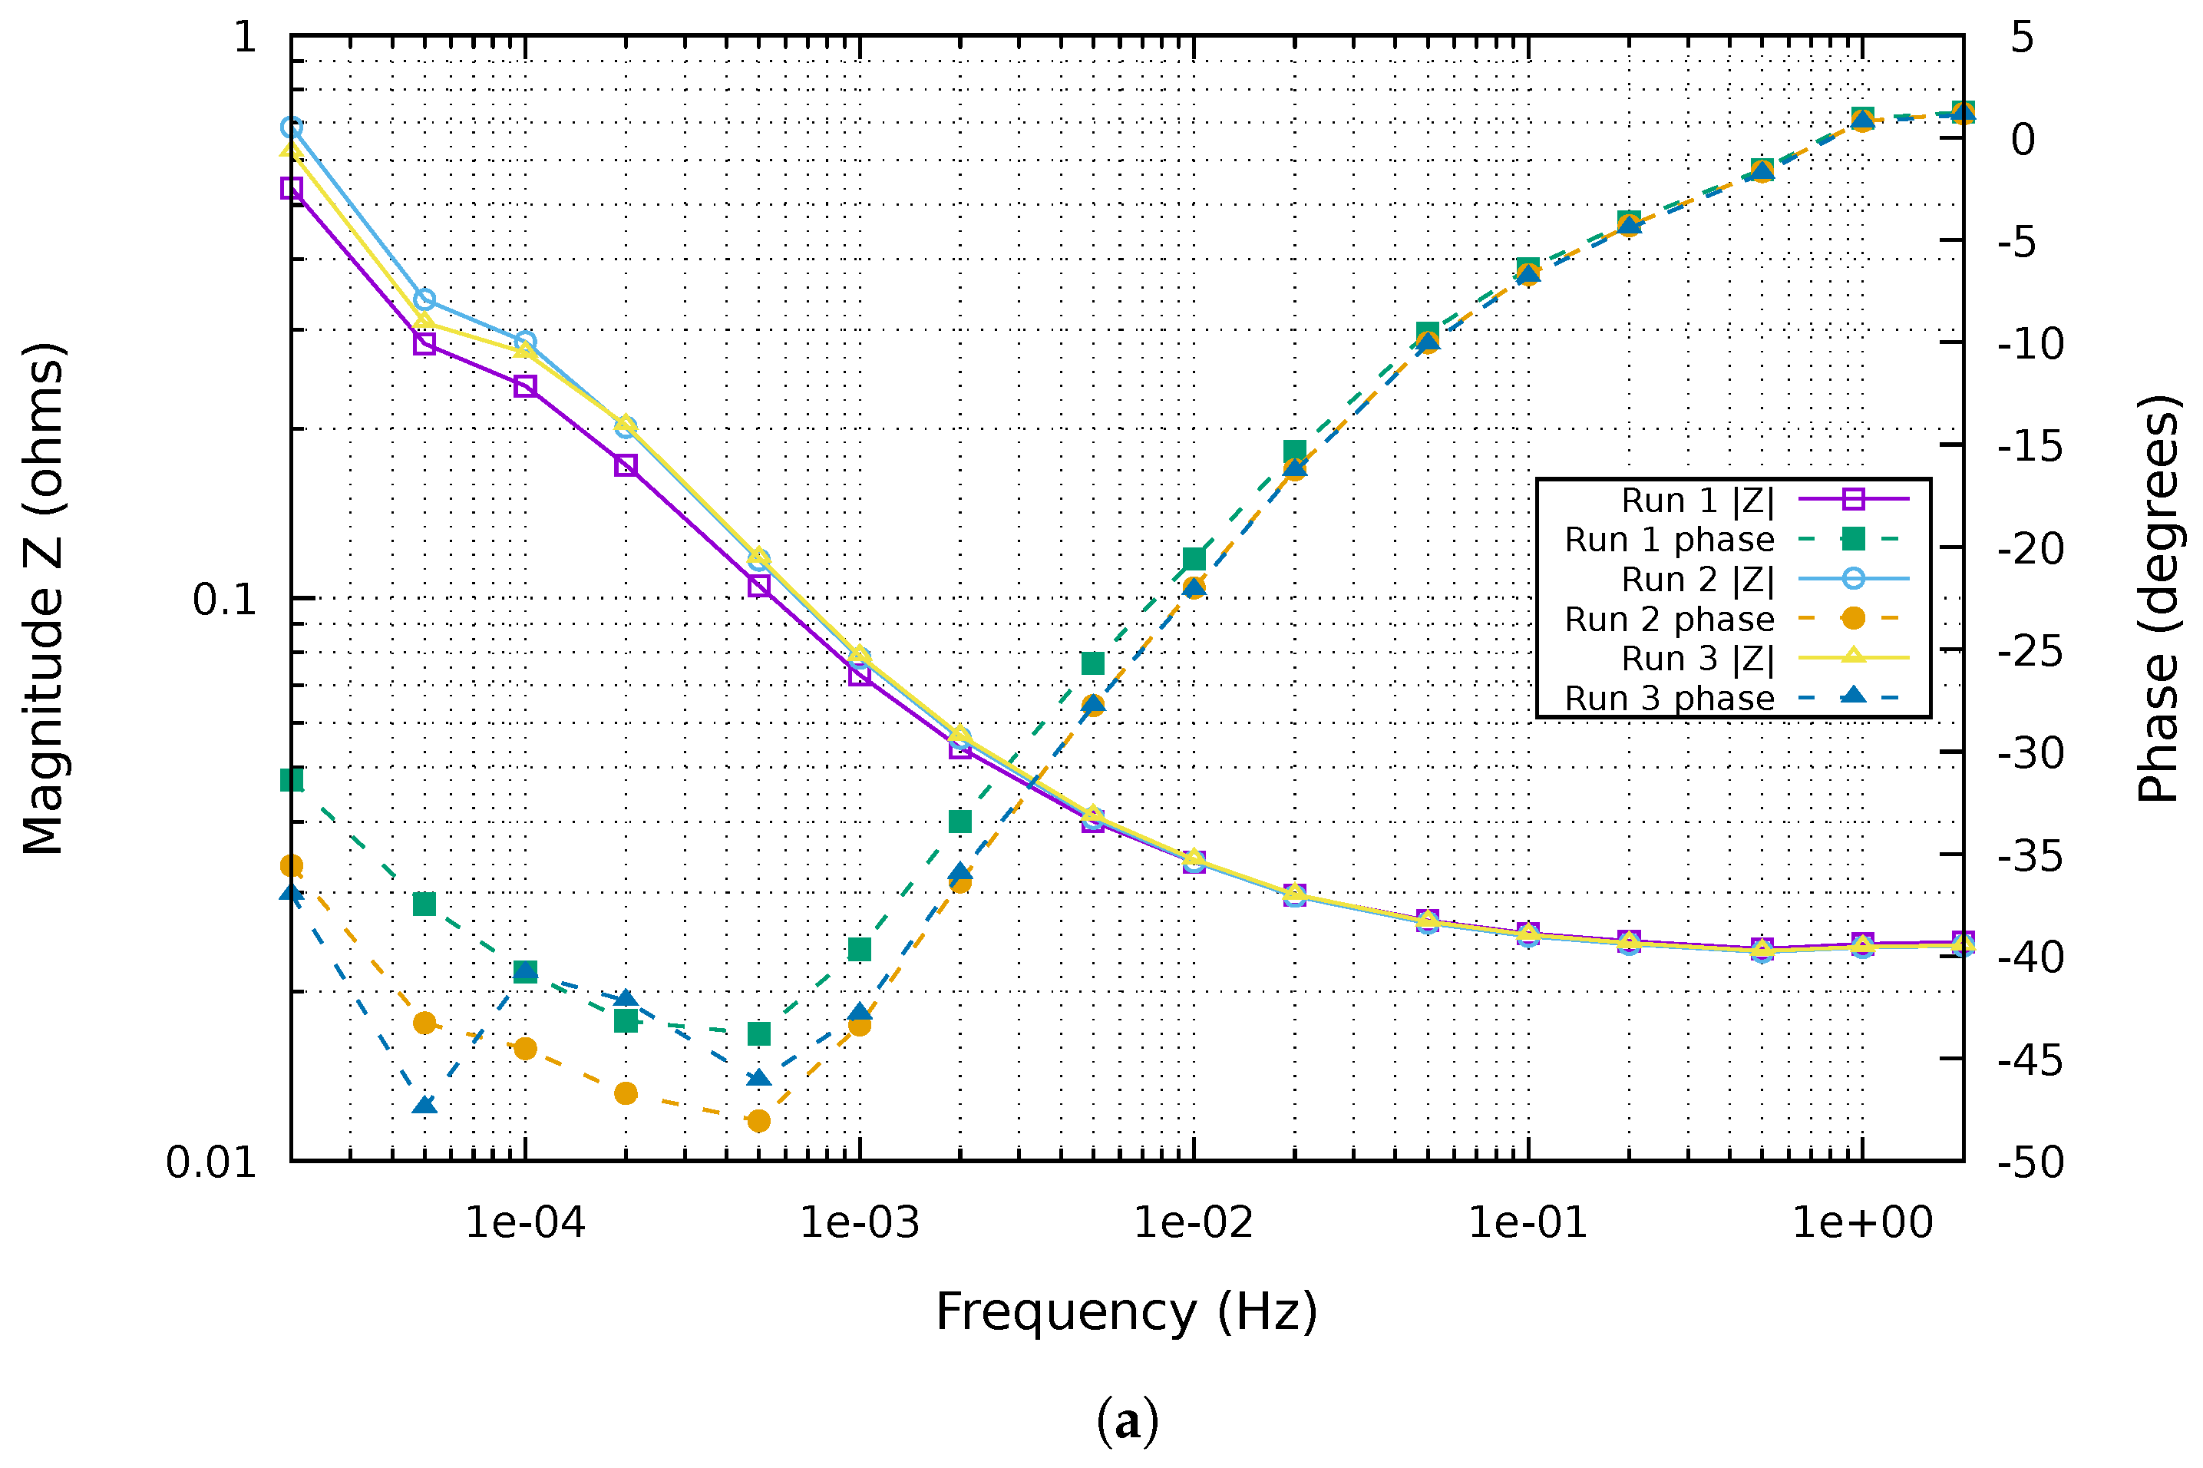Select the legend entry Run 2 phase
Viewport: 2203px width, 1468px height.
(1669, 619)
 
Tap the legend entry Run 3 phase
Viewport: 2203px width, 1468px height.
(1669, 699)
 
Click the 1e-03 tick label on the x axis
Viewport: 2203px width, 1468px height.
(858, 1223)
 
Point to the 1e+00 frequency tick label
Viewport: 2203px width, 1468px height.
(1861, 1223)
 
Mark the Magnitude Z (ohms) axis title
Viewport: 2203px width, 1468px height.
(43, 599)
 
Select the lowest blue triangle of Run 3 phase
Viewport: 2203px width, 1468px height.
(424, 1106)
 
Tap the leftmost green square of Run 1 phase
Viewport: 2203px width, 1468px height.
(292, 780)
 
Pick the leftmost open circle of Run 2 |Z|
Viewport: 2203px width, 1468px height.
(292, 127)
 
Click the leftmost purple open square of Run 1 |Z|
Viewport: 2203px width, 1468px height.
(292, 188)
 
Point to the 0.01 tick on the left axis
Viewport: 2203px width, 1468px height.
(210, 1162)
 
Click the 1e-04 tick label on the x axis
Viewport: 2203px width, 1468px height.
(524, 1223)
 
